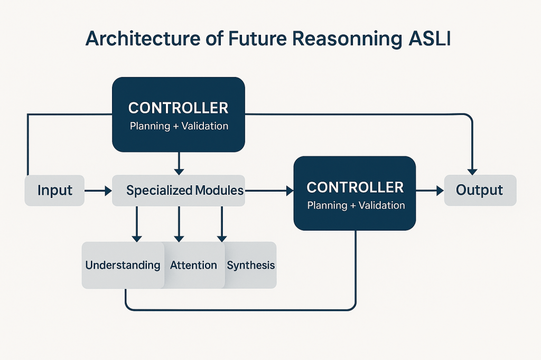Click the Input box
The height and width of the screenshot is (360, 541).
[x=54, y=190]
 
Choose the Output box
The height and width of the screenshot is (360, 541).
[x=480, y=190]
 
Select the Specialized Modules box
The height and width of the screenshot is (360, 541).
[x=179, y=190]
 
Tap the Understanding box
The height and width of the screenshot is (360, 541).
[x=123, y=265]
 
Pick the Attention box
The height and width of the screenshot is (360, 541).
[x=193, y=265]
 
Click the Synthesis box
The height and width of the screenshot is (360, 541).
[x=251, y=265]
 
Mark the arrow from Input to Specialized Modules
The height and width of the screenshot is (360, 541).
[x=98, y=190]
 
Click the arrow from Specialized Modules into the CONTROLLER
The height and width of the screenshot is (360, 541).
[x=269, y=190]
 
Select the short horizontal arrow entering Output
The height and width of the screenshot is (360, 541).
[x=430, y=190]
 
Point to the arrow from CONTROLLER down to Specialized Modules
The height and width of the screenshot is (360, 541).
[x=179, y=163]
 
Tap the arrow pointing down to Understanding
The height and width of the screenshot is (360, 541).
[x=136, y=224]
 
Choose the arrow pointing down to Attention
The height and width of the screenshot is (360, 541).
[x=179, y=224]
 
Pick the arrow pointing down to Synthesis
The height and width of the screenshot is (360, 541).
[x=222, y=224]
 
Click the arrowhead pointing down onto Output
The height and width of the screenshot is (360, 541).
[x=472, y=170]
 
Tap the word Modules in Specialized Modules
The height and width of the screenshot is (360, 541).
[x=219, y=190]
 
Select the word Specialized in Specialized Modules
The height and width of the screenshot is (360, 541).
[x=159, y=190]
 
